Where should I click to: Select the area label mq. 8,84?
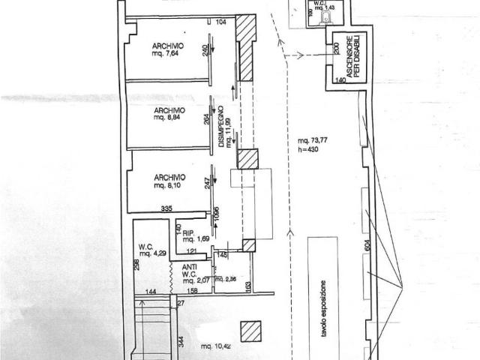pos(168,118)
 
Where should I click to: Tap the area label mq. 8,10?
pos(168,184)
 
